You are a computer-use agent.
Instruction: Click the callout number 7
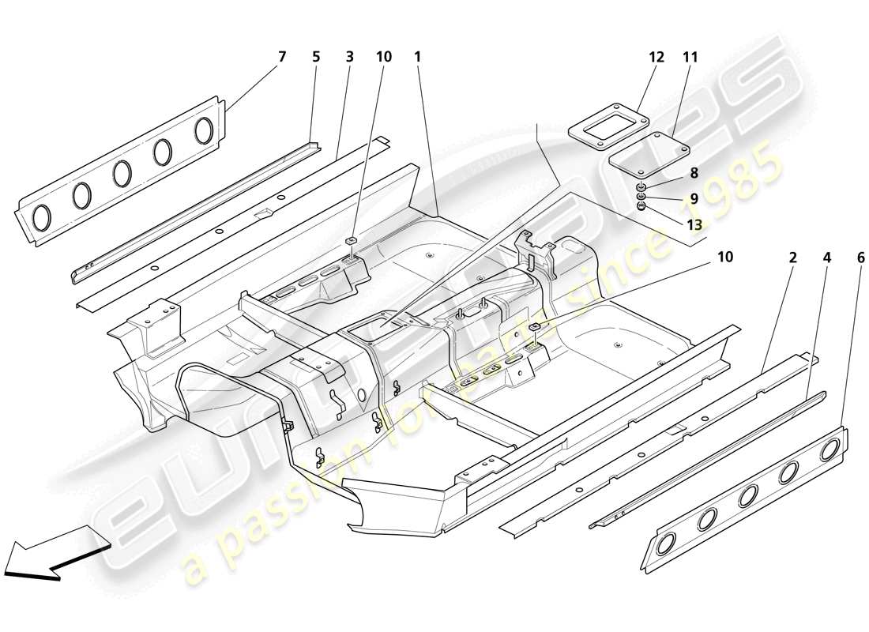click(x=282, y=57)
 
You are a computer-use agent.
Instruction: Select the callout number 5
click(x=316, y=57)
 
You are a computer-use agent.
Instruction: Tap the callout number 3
click(x=349, y=57)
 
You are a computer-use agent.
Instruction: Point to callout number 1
click(x=417, y=57)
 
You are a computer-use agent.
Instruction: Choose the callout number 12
click(x=657, y=57)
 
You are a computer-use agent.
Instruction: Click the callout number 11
click(x=691, y=57)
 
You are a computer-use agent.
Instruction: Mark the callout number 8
click(x=692, y=173)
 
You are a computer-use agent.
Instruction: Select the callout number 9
click(x=692, y=198)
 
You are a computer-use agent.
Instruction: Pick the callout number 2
click(x=792, y=258)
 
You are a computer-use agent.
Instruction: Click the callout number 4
click(x=826, y=258)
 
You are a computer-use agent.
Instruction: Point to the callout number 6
click(x=860, y=258)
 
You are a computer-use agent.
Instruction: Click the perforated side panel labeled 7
click(x=118, y=174)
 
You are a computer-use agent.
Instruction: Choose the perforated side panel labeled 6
click(x=743, y=498)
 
